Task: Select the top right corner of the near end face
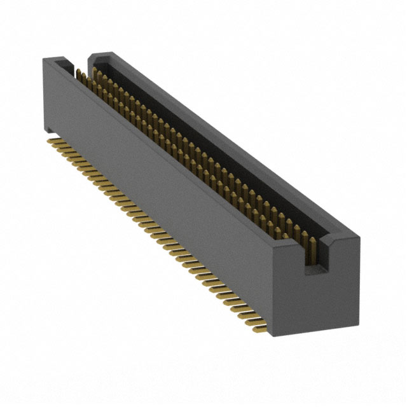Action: tap(359, 237)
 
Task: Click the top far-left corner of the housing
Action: tap(43, 59)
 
